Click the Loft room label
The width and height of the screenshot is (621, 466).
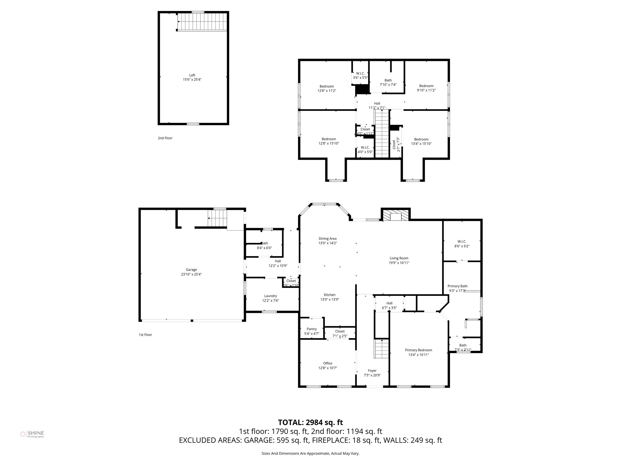pos(192,75)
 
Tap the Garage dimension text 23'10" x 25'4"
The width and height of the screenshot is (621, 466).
pos(191,274)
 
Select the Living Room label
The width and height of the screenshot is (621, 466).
pos(399,258)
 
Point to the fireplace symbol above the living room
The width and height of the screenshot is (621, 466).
pos(395,216)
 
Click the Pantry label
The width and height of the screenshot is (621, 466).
pos(312,329)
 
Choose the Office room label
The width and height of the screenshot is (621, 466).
pos(327,363)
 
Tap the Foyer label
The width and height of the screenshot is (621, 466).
pos(372,370)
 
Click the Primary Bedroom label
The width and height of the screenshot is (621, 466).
pos(418,350)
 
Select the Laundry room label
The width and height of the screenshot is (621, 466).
pos(270,296)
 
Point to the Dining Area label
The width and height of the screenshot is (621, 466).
pos(327,238)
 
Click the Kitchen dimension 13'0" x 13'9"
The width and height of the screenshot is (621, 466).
pos(330,299)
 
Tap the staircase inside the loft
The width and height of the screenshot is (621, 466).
pos(202,22)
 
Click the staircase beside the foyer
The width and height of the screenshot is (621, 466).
pos(382,349)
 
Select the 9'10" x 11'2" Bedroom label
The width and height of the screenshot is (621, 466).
pos(426,86)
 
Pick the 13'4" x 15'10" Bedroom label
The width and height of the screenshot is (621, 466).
pos(421,139)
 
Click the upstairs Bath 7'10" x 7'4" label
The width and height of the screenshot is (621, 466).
pos(388,80)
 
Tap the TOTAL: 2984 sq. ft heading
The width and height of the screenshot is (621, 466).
pos(310,422)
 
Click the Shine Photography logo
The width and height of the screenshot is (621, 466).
pos(32,434)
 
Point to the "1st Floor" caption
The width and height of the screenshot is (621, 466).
pos(145,335)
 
